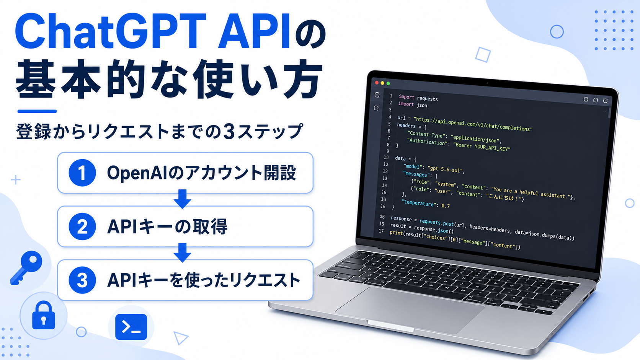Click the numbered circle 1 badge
pos(82,173)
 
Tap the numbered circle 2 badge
pos(82,226)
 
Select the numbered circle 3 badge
pos(82,280)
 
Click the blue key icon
pos(26,268)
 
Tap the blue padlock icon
pos(43,316)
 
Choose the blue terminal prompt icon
pos(131,327)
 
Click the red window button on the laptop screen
pos(377,83)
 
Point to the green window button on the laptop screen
pos(388,83)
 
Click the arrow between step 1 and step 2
pos(182,199)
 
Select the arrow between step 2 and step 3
pos(182,252)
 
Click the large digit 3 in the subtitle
pos(229,132)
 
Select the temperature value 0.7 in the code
pos(446,205)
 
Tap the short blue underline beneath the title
pos(37,111)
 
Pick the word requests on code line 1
pos(427,98)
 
